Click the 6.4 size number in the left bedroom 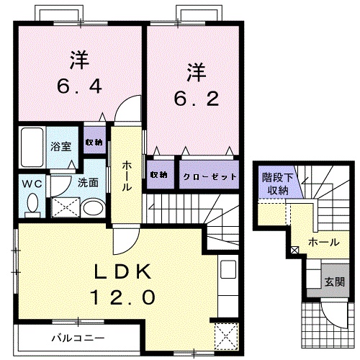coord(79,87)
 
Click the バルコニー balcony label coord(78,336)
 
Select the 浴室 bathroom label coord(60,147)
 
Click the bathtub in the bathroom coord(34,147)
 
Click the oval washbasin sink coord(91,208)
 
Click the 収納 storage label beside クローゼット coord(159,176)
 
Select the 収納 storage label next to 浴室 coord(93,142)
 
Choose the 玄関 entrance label coord(333,281)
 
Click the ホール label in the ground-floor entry coord(322,243)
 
